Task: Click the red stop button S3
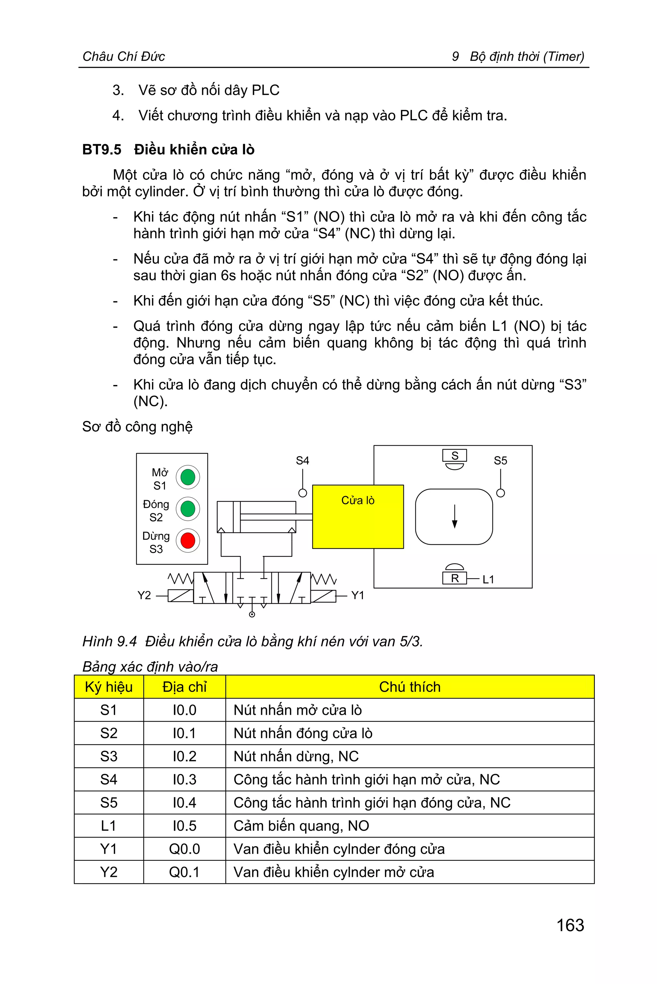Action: pos(187,540)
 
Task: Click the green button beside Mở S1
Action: pos(187,477)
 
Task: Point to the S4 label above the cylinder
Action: pos(302,461)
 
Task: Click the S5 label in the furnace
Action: pos(500,461)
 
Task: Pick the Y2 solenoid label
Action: pos(144,595)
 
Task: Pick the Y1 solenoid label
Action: pos(357,595)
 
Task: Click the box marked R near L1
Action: pos(455,578)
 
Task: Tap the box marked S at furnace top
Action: pos(455,456)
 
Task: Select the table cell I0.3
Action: pos(184,780)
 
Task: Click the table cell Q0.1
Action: pos(184,872)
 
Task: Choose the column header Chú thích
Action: pos(409,687)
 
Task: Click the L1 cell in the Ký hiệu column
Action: pos(108,826)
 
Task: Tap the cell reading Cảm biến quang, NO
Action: pos(301,826)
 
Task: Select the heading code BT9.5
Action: pos(102,150)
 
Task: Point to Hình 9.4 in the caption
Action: pos(109,641)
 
